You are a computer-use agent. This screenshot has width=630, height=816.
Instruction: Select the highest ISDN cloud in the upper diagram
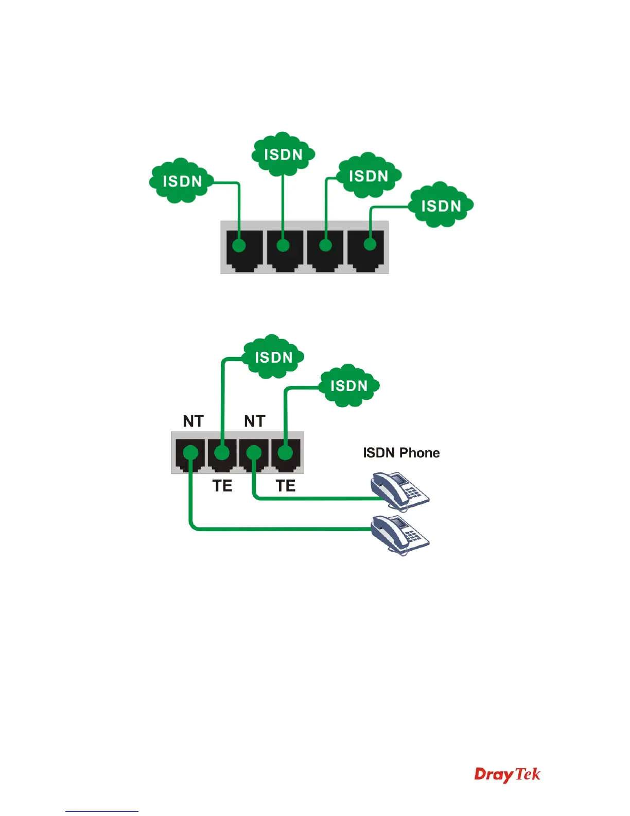(x=283, y=154)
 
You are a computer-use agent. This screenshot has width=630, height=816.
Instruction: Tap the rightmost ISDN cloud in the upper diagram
(x=441, y=205)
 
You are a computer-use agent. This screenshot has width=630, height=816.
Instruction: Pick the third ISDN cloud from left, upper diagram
(x=368, y=175)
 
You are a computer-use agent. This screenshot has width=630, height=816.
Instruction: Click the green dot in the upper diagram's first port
(x=239, y=245)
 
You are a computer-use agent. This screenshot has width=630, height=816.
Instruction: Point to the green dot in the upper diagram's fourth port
(x=370, y=243)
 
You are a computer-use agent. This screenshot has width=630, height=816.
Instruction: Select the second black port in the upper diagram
(x=285, y=250)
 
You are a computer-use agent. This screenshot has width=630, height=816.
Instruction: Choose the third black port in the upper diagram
(x=325, y=250)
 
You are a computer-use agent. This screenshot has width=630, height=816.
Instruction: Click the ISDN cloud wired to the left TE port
(x=273, y=357)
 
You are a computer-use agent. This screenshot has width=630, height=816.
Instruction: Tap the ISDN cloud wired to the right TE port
(x=348, y=386)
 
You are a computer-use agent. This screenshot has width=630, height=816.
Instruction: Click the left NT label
(x=193, y=421)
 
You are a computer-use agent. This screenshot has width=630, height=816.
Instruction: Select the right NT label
(x=254, y=421)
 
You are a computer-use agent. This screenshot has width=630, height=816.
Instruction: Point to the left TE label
(x=222, y=486)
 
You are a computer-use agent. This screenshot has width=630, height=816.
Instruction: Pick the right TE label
(x=286, y=486)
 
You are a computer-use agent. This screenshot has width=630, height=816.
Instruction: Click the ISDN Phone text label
(x=401, y=453)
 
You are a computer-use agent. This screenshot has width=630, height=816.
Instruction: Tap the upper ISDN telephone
(x=399, y=490)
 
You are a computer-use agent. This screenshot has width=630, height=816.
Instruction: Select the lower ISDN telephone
(x=399, y=534)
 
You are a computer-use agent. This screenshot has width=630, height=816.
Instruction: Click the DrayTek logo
(x=507, y=774)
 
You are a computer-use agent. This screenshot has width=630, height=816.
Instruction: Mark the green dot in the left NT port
(x=190, y=453)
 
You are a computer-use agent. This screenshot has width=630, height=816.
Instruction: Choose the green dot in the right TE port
(x=285, y=453)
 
